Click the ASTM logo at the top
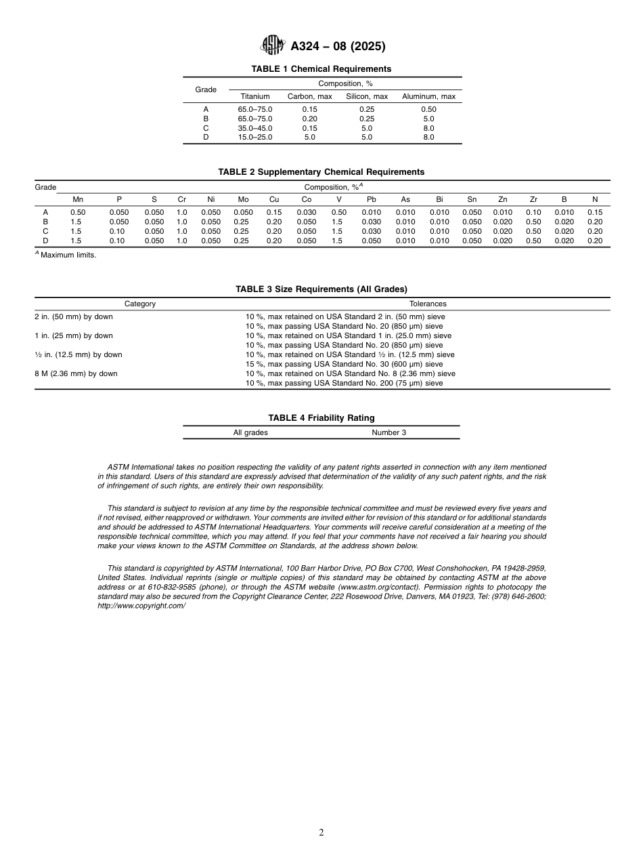(273, 45)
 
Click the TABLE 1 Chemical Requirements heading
(321, 69)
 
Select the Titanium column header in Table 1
(254, 97)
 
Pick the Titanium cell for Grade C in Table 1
(254, 128)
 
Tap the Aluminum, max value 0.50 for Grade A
(428, 109)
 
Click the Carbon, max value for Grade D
(309, 137)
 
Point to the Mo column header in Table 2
(243, 199)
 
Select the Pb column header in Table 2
(371, 199)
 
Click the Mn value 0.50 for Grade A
(78, 212)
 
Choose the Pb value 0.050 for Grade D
(371, 241)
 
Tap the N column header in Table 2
(594, 199)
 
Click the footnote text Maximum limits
(68, 255)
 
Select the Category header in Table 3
(140, 304)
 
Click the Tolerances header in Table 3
(428, 304)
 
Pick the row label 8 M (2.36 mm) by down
(76, 373)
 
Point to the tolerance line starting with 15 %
(344, 364)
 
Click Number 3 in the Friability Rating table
(389, 432)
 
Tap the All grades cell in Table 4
(250, 432)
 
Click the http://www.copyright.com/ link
(141, 606)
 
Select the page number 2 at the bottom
(321, 833)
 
